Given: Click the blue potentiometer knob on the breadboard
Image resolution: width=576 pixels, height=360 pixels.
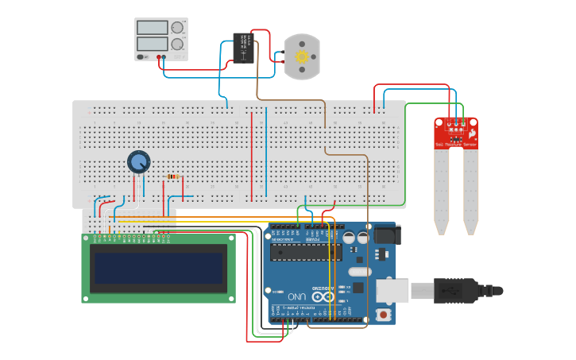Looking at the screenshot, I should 138,162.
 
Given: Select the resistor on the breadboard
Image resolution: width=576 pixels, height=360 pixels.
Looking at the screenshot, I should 172,177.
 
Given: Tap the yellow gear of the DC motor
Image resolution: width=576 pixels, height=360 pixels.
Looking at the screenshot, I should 302,56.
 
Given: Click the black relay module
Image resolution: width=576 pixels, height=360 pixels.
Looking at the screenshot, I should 244,48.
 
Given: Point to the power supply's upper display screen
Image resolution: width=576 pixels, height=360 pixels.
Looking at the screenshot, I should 152,27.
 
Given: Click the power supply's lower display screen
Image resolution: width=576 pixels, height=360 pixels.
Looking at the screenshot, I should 152,43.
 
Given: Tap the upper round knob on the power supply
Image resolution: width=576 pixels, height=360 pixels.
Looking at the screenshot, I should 177,27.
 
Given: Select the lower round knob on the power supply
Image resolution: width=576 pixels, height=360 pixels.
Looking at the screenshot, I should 177,44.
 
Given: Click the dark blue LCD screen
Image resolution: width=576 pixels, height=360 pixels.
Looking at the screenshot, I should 158,268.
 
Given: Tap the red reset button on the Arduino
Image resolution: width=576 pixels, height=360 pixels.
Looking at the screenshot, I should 385,315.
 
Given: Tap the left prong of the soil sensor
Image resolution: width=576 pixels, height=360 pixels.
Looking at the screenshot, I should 441,191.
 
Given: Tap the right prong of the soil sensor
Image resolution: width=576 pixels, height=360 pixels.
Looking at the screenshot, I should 471,191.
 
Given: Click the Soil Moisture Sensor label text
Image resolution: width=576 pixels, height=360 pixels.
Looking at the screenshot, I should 456,145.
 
